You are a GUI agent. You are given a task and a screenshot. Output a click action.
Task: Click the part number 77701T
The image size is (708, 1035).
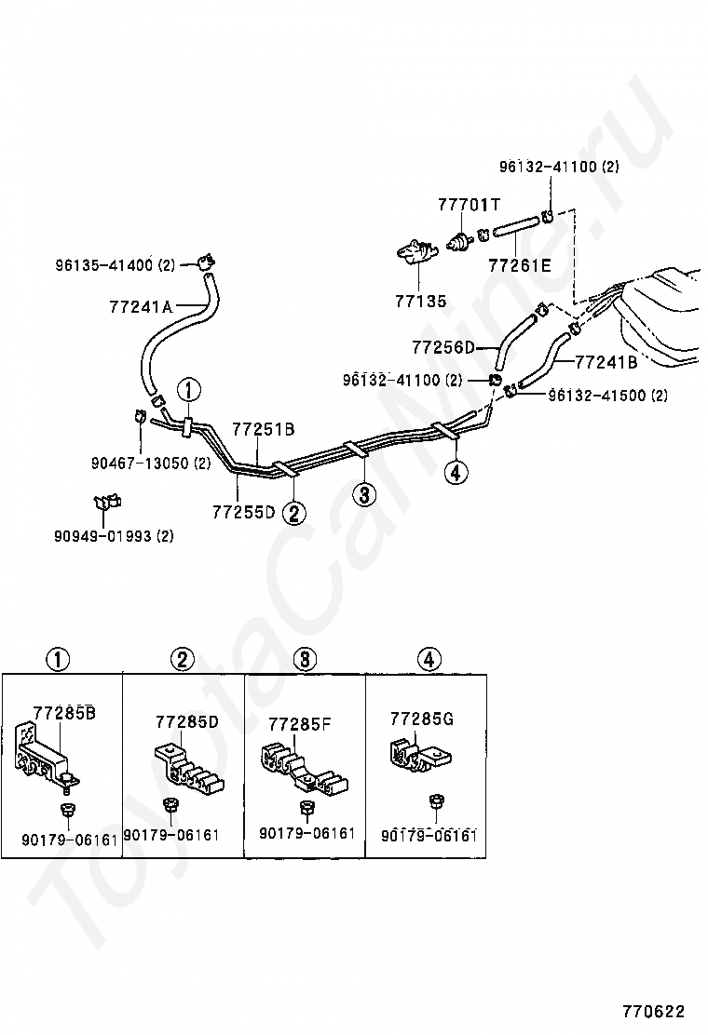click(x=470, y=204)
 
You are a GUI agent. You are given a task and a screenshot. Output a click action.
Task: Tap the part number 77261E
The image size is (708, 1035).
click(x=519, y=265)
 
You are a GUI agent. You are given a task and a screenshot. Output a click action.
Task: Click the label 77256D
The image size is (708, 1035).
click(x=442, y=347)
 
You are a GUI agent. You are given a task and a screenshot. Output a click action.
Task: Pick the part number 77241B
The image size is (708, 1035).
click(x=606, y=362)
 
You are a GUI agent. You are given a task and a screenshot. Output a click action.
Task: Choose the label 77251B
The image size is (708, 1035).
click(x=263, y=429)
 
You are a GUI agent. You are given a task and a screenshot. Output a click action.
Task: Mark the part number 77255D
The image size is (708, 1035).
click(x=243, y=511)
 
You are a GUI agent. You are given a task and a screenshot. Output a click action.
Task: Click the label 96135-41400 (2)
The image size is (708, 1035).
click(x=115, y=265)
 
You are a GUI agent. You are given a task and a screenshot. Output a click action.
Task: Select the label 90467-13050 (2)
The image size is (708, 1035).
click(x=151, y=463)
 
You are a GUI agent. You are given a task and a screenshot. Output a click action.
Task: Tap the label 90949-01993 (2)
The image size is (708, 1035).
click(x=114, y=535)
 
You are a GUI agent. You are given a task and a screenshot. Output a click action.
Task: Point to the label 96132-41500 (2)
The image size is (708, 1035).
click(x=607, y=395)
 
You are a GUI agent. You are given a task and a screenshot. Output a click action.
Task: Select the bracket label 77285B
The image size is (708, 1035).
click(x=64, y=714)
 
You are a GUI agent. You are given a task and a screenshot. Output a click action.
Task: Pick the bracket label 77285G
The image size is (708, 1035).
click(x=422, y=719)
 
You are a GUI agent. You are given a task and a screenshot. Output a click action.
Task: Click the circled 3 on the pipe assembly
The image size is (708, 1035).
click(x=364, y=493)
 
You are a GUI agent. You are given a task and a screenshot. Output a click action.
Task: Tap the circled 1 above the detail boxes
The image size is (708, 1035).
click(x=58, y=660)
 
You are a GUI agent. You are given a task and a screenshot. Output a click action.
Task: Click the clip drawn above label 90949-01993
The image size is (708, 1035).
click(x=106, y=504)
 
